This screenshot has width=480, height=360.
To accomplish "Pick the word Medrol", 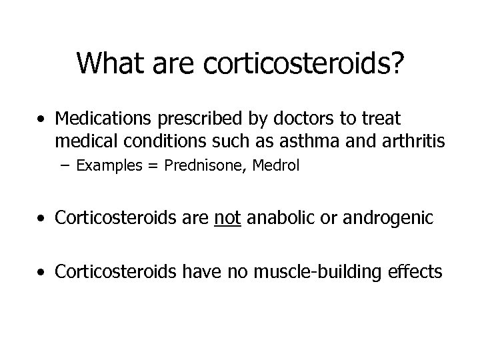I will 277,165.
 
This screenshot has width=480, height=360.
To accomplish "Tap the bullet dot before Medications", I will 42,121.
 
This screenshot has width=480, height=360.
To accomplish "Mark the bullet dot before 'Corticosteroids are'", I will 42,219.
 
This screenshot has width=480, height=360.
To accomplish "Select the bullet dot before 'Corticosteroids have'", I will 42,273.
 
